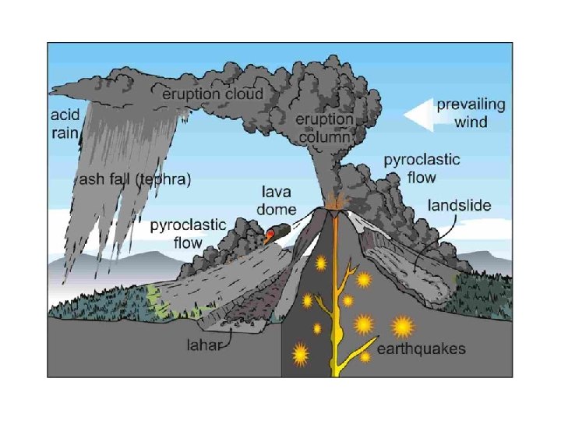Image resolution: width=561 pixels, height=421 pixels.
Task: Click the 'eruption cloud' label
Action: click(212, 94)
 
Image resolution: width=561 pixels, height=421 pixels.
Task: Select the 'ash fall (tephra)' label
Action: click(136, 180)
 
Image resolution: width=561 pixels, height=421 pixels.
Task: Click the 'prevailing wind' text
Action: click(470, 112)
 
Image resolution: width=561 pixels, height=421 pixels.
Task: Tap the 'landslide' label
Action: click(460, 206)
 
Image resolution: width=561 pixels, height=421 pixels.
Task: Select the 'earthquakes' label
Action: click(422, 348)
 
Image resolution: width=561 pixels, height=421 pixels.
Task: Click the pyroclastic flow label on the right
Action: click(422, 168)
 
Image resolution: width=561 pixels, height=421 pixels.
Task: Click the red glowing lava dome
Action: click(270, 233)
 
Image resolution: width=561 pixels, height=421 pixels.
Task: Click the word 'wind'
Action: click(470, 121)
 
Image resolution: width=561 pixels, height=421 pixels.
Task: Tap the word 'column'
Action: click(325, 137)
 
